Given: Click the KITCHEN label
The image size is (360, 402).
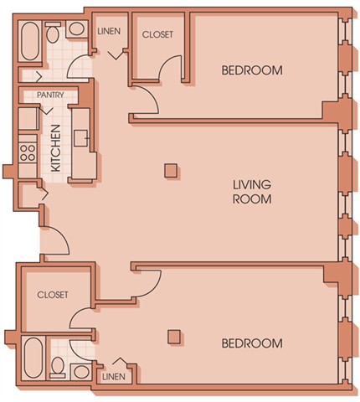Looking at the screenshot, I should [55, 149].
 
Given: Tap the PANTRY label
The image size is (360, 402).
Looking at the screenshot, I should [50, 95].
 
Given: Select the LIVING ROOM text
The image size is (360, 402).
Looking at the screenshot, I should [251, 191].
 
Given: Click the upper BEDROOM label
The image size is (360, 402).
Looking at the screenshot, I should [251, 70].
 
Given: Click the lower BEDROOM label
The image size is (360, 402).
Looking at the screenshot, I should [251, 343].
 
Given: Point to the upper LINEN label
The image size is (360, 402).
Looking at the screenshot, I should [109, 31].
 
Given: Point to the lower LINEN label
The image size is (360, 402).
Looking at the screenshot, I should [114, 377].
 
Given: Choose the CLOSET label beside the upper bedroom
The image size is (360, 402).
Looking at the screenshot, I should [158, 34].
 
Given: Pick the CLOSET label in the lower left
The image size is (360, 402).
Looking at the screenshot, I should [53, 296].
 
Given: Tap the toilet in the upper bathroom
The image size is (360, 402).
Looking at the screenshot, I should [53, 33].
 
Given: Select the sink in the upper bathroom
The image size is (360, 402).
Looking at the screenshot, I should [76, 30].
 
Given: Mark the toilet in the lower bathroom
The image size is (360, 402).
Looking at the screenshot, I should [58, 367].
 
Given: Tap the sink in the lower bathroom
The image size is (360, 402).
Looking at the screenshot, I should [80, 370].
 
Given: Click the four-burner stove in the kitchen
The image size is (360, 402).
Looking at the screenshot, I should [26, 153].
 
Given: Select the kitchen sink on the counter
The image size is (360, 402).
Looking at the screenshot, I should [81, 138].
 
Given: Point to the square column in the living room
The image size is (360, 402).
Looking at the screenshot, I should [170, 171].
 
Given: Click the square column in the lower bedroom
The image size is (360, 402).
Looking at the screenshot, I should [174, 337].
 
